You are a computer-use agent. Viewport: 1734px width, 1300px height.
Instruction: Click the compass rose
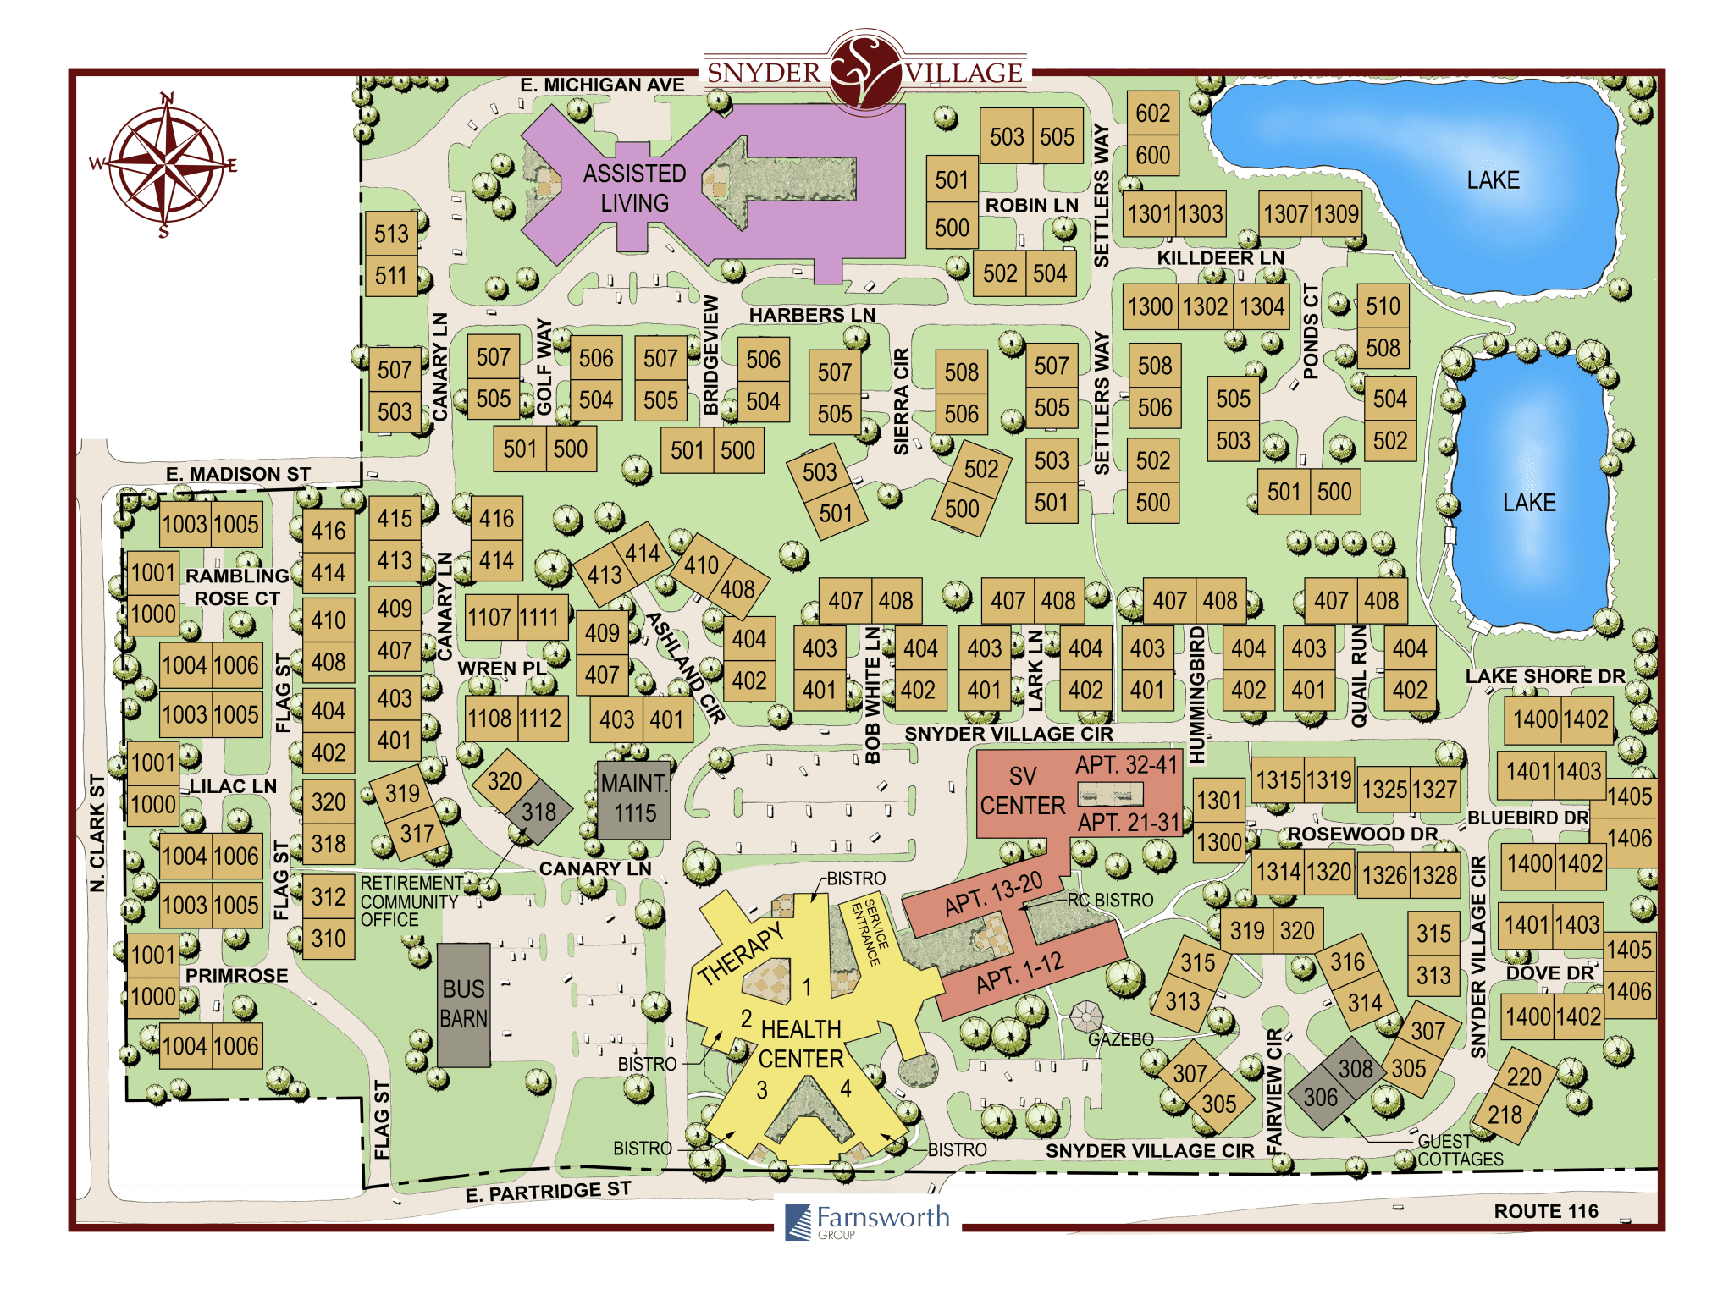point(166,163)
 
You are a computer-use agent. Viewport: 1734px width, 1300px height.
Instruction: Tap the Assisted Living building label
point(634,188)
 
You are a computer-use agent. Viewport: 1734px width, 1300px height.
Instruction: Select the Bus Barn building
point(463,1004)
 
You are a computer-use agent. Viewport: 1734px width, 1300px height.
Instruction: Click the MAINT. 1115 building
point(634,798)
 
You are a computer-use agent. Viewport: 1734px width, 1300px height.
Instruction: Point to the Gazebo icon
point(1085,1016)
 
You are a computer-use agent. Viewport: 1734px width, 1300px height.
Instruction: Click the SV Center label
point(1022,790)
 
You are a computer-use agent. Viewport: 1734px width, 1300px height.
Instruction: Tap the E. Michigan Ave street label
point(602,85)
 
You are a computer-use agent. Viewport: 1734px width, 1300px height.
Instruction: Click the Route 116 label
point(1545,1211)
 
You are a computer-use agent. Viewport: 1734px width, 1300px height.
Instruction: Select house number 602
point(1152,113)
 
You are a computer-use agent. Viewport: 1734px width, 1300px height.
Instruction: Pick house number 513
point(391,234)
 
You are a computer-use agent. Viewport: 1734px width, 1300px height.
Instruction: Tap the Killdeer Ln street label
point(1220,257)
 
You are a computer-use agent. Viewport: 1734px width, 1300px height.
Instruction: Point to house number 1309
point(1336,213)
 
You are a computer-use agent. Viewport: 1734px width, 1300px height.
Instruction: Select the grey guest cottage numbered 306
point(1320,1098)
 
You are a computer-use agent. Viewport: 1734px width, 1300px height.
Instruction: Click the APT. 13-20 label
point(993,894)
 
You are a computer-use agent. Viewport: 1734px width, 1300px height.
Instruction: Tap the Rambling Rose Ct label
point(236,587)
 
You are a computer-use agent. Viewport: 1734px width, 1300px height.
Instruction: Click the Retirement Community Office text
point(409,901)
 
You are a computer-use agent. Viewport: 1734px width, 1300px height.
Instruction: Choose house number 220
point(1523,1077)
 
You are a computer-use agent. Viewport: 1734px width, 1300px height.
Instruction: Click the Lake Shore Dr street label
point(1544,676)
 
